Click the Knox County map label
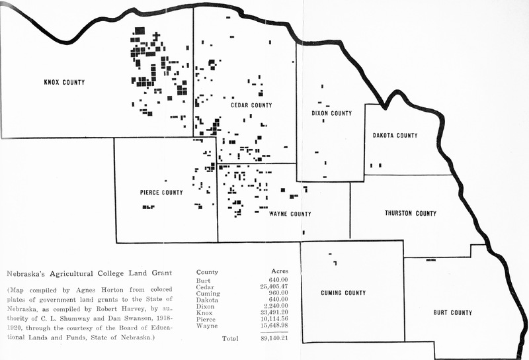click(x=65, y=83)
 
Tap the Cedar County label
click(x=251, y=105)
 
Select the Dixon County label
click(x=331, y=113)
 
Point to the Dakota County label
click(x=395, y=136)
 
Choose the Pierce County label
click(x=161, y=193)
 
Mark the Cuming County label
click(x=343, y=293)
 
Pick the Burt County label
click(x=452, y=312)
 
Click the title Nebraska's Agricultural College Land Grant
click(x=89, y=273)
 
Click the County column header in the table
click(x=208, y=271)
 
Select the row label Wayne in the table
click(x=208, y=326)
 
